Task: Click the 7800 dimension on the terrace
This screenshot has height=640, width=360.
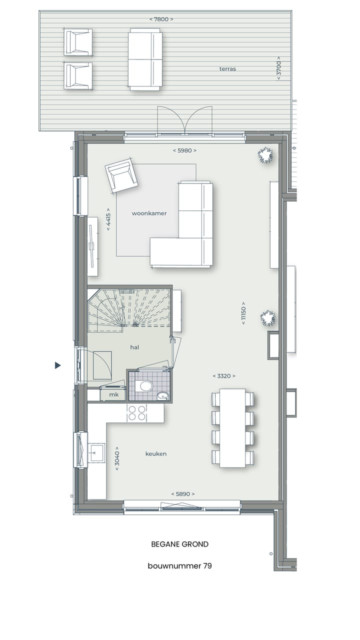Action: (x=161, y=19)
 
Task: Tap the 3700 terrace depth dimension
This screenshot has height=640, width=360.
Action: (x=279, y=68)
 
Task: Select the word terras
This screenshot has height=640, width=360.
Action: (x=227, y=69)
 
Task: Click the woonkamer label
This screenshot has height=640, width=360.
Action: (x=149, y=213)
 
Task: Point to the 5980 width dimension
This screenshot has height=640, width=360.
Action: (x=184, y=150)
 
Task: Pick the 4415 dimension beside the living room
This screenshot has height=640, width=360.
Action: (x=108, y=219)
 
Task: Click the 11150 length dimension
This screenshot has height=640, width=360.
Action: (x=243, y=313)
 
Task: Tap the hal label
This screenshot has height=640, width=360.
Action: (x=134, y=347)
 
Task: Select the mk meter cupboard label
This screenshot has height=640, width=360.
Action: (x=114, y=395)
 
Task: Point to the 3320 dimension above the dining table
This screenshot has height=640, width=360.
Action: (x=223, y=376)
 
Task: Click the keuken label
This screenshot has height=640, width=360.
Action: (x=156, y=454)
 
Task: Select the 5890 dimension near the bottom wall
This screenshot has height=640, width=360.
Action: (x=182, y=494)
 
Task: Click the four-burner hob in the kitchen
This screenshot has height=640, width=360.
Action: (x=137, y=413)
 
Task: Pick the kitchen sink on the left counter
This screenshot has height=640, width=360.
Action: (x=96, y=452)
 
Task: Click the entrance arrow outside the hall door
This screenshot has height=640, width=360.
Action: (x=58, y=365)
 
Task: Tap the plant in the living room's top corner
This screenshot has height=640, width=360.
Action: (x=265, y=155)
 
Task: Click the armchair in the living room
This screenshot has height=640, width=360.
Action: (x=121, y=175)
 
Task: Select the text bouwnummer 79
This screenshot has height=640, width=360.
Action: (x=179, y=566)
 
